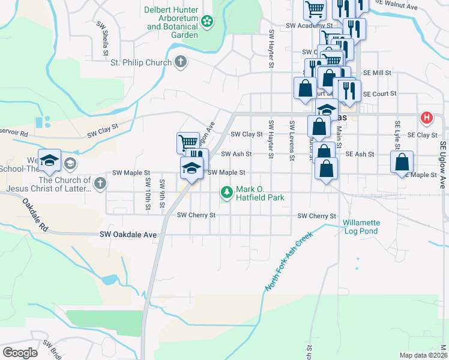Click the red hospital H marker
point(427,118)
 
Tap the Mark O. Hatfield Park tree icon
point(227,192)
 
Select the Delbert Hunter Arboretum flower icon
point(207,22)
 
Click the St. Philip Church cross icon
point(180,61)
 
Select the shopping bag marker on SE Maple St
point(402,163)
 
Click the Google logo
point(20,353)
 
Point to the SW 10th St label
point(148,193)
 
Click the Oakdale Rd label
point(36,217)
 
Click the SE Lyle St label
point(397,136)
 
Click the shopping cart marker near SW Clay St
point(188,143)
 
